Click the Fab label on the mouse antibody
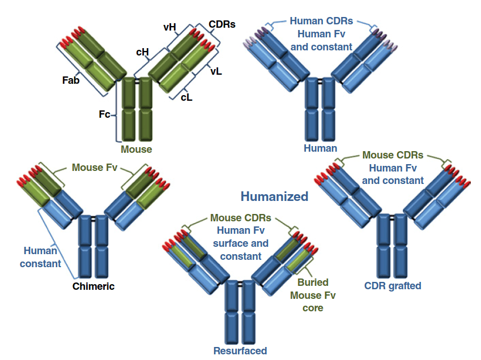point(71,80)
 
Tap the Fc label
point(104,114)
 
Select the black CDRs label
point(222,24)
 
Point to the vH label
point(169,27)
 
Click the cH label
point(142,53)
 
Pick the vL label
point(216,71)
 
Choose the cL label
point(186,97)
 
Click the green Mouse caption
point(136,149)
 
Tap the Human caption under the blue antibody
point(320,148)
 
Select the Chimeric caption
point(93,286)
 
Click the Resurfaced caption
point(240,351)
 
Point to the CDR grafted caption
point(393,286)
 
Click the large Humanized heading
point(274,196)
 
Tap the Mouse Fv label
point(95,168)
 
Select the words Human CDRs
point(321,21)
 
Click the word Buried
point(313,282)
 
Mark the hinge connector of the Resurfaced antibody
point(240,285)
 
